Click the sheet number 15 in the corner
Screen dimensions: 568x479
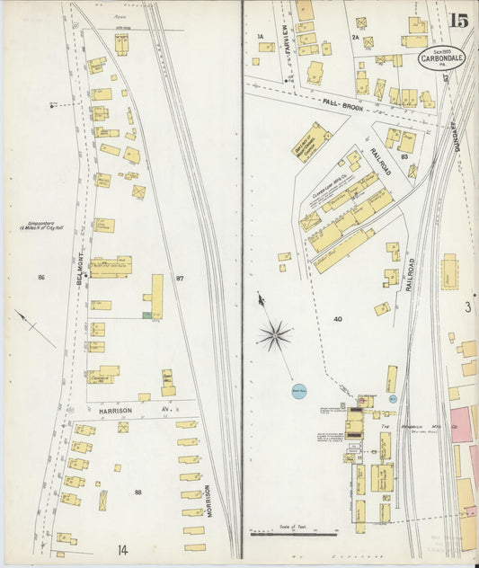pyautogui.click(x=458, y=21)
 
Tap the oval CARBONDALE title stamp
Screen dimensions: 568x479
pyautogui.click(x=441, y=58)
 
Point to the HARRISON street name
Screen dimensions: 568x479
pyautogui.click(x=116, y=410)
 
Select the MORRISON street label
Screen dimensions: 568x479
pyautogui.click(x=208, y=502)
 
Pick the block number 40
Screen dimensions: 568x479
pyautogui.click(x=337, y=319)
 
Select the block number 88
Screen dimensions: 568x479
pyautogui.click(x=137, y=493)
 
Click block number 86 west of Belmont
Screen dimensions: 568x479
pyautogui.click(x=40, y=278)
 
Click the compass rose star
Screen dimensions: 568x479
pyautogui.click(x=275, y=336)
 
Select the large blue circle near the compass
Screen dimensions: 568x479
pyautogui.click(x=299, y=391)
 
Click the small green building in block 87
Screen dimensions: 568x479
pyautogui.click(x=146, y=315)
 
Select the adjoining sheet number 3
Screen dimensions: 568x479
pyautogui.click(x=468, y=307)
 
